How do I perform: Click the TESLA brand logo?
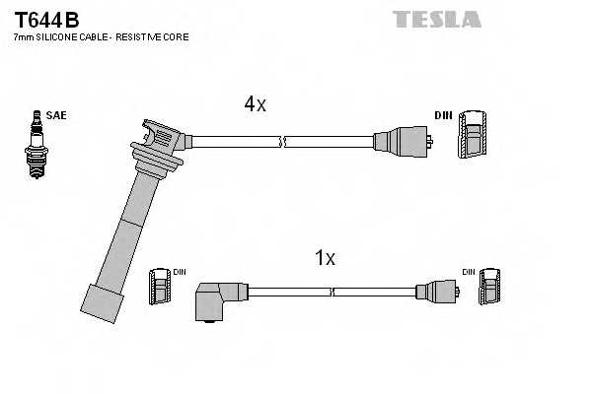436,19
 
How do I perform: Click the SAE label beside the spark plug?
56,115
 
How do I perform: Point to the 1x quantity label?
325,258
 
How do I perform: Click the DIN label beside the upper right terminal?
444,115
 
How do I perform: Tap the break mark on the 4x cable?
283,141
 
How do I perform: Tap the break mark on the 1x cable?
333,292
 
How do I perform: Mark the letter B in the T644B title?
72,20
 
